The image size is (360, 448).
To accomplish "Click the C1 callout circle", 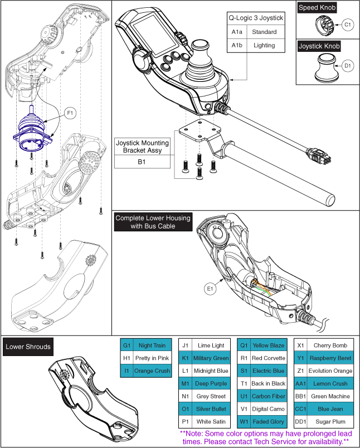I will (x=347, y=25).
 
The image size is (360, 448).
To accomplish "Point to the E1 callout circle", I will (x=210, y=289).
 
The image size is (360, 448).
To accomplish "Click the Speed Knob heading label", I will (x=317, y=8).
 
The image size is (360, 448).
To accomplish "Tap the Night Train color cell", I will (x=152, y=345).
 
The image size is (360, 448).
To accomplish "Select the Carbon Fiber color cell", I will (x=269, y=396).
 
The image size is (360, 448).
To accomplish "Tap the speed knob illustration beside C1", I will (x=323, y=25).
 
